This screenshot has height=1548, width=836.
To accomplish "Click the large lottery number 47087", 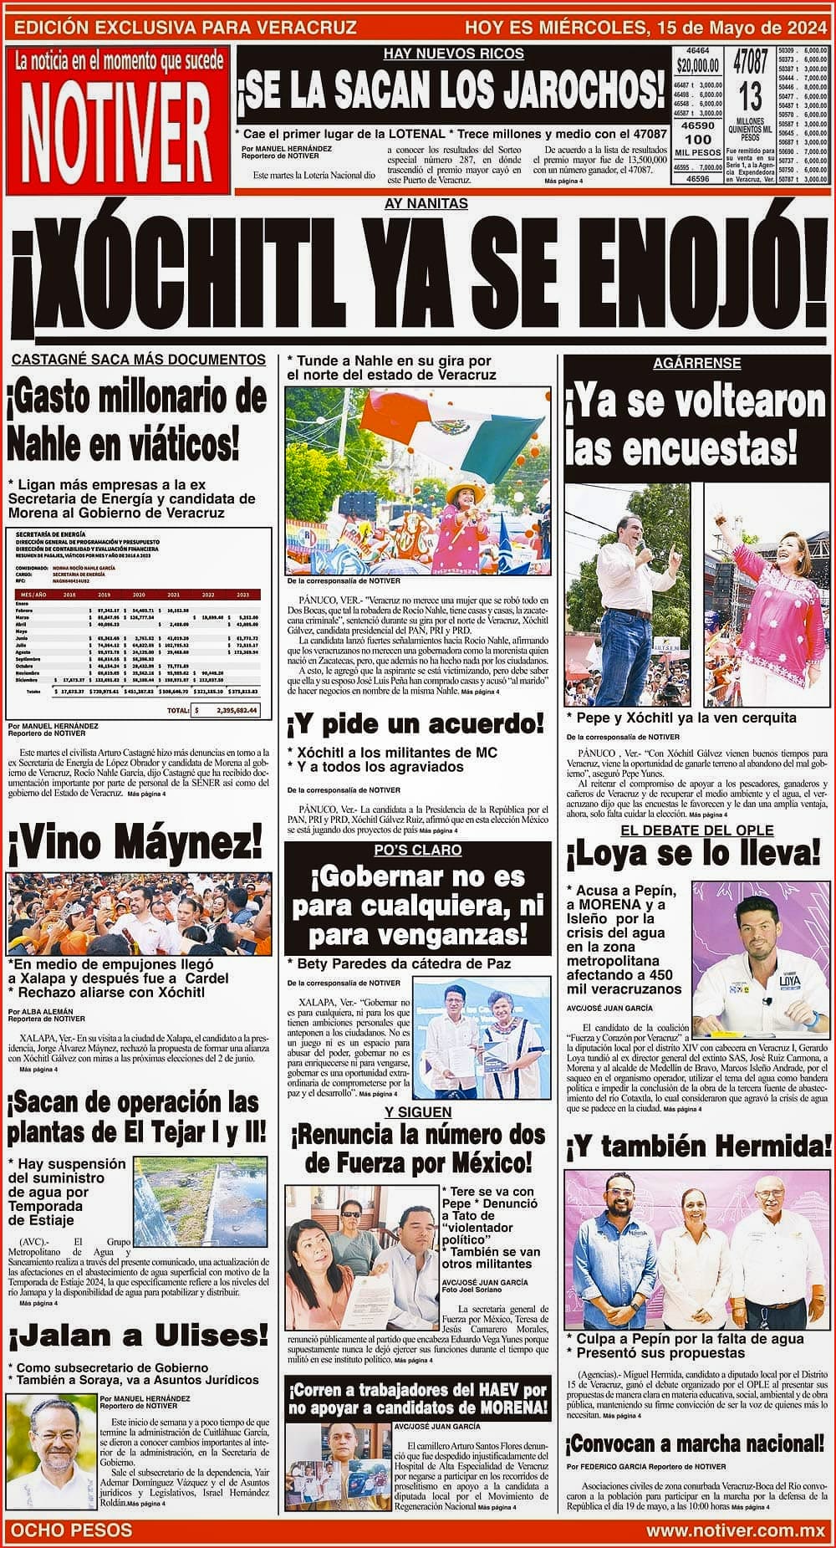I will click(750, 63).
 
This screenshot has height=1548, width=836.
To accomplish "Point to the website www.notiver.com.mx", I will click(736, 1530).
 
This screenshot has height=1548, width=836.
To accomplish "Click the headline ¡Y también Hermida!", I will click(699, 1145).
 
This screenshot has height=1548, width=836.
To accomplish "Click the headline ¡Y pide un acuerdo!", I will click(415, 723).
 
